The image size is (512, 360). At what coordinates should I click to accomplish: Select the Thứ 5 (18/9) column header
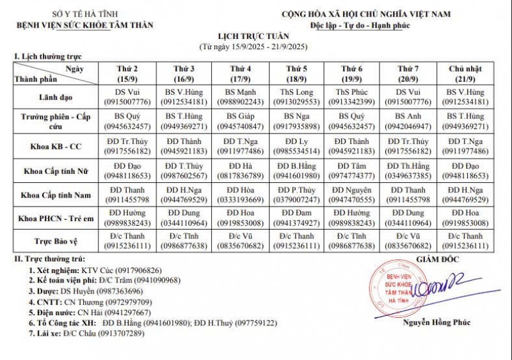pyautogui.click(x=296, y=73)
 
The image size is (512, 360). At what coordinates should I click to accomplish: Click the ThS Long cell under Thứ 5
pyautogui.click(x=296, y=97)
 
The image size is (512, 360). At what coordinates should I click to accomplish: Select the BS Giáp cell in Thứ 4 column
pyautogui.click(x=240, y=121)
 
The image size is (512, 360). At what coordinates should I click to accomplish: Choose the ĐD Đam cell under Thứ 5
pyautogui.click(x=296, y=217)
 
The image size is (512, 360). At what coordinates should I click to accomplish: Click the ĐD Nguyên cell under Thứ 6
pyautogui.click(x=352, y=194)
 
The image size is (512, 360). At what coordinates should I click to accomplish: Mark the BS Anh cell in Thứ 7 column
pyautogui.click(x=408, y=121)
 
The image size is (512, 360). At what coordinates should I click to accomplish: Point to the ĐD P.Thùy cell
pyautogui.click(x=296, y=194)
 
